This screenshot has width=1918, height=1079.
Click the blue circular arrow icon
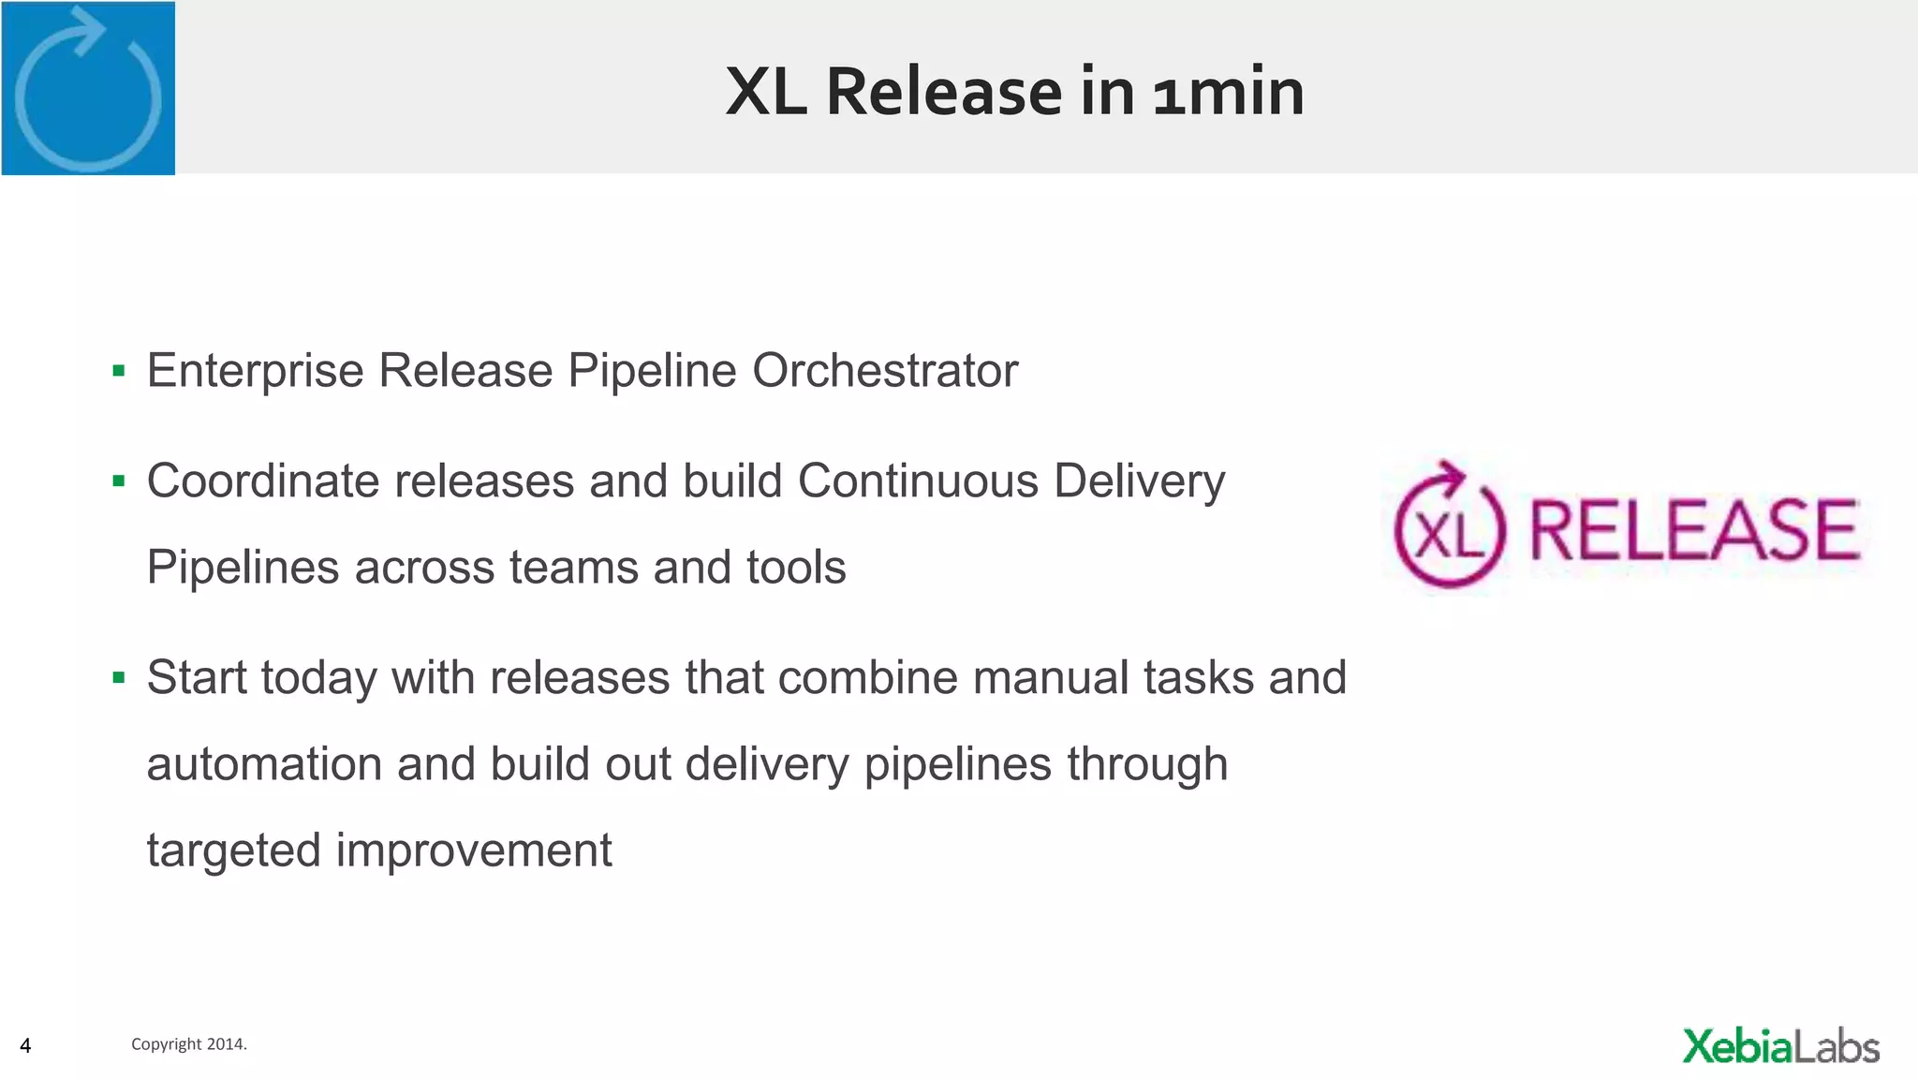click(x=88, y=89)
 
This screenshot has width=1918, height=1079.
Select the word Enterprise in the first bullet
click(x=255, y=371)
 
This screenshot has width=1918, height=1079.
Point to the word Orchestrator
click(x=884, y=371)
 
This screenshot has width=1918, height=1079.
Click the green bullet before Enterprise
click(x=118, y=372)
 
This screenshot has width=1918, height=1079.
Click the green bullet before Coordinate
click(x=118, y=482)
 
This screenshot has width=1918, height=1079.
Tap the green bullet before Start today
click(x=118, y=678)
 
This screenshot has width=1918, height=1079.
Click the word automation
click(x=264, y=764)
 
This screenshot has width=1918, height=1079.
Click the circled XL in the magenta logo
click(x=1448, y=530)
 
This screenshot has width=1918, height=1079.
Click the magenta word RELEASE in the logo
click(x=1693, y=530)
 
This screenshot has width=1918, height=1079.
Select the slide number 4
click(x=25, y=1045)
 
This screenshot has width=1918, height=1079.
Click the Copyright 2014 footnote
click(x=188, y=1044)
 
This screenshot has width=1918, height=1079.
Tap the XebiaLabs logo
click(x=1780, y=1046)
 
